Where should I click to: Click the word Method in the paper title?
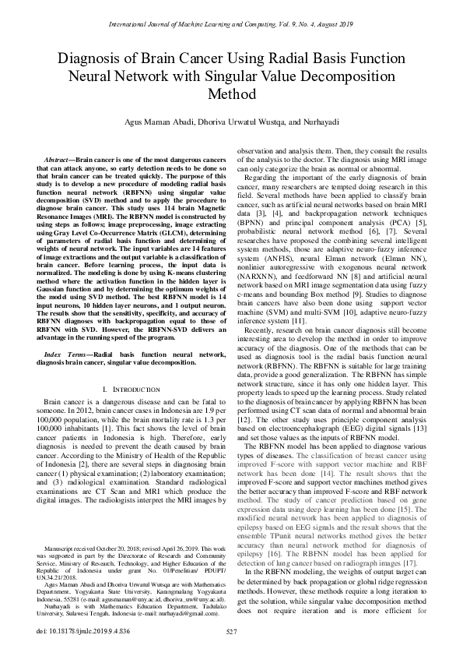pyautogui.click(x=232, y=96)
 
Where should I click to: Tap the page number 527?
pyautogui.click(x=231, y=630)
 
